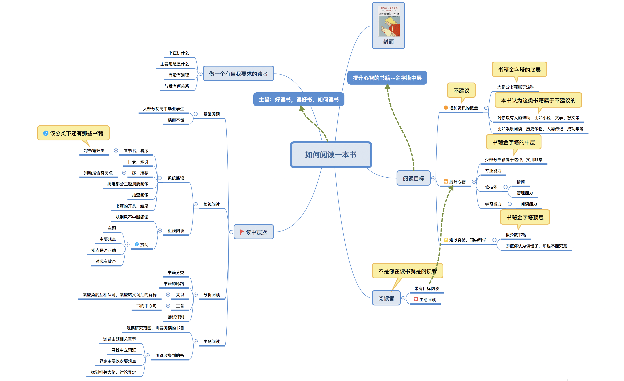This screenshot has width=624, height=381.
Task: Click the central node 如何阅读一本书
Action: point(331,155)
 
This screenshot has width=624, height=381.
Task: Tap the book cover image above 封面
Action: point(389,21)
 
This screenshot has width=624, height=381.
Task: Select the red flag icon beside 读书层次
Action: point(242,232)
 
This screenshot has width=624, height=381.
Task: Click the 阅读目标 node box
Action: point(413,178)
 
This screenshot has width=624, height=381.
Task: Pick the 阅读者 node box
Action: point(386,298)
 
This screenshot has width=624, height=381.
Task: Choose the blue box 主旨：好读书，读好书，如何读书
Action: point(299,100)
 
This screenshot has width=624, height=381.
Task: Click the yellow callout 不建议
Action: point(461,91)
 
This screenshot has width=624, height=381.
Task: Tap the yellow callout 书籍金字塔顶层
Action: point(525,217)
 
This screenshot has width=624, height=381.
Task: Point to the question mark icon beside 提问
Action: point(136,244)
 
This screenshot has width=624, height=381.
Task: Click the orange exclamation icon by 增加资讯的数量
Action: point(445,108)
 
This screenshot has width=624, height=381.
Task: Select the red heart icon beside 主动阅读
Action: point(416,300)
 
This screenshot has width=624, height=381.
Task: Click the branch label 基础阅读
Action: point(211,114)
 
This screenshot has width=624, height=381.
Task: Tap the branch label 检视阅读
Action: point(211,204)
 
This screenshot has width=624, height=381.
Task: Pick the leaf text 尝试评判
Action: point(176,317)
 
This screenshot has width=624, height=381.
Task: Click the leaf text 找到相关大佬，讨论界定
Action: point(114,372)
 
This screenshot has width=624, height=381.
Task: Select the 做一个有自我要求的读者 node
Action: point(238,74)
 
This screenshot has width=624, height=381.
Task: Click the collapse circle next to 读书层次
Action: point(231,232)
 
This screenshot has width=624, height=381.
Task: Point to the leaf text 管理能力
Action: point(524,193)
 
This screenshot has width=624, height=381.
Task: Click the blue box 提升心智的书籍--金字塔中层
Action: point(387,78)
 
